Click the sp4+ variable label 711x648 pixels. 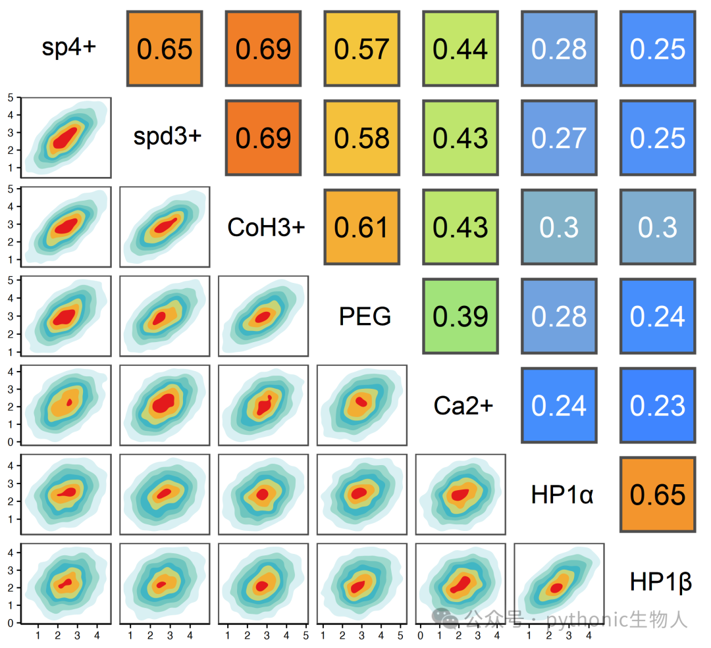pos(69,47)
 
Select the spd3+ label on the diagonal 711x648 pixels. pos(167,136)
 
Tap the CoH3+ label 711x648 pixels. pos(266,227)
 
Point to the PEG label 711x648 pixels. pos(365,316)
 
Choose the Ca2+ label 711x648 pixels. pos(463,405)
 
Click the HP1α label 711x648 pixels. pos(562,494)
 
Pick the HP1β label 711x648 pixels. pos(661,582)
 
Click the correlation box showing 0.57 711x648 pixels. pos(362,49)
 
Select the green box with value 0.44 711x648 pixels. pos(460,49)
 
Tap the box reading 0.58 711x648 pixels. pos(362,137)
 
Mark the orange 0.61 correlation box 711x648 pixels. pos(362,227)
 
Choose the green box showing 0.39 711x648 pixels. pos(460,316)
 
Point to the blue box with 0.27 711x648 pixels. pos(559,137)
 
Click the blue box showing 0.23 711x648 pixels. pos(658,405)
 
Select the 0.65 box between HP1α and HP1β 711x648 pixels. pos(658,494)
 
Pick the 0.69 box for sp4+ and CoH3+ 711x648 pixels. pos(263,49)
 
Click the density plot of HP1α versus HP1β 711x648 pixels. pos(559,584)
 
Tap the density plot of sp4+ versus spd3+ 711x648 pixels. pos(66,137)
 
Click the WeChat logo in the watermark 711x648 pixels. pos(444,618)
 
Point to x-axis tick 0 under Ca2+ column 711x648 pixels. pos(420,636)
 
